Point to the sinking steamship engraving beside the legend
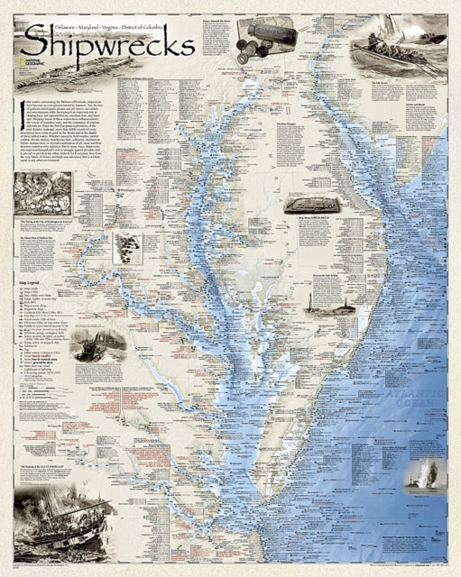pos(97,345)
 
